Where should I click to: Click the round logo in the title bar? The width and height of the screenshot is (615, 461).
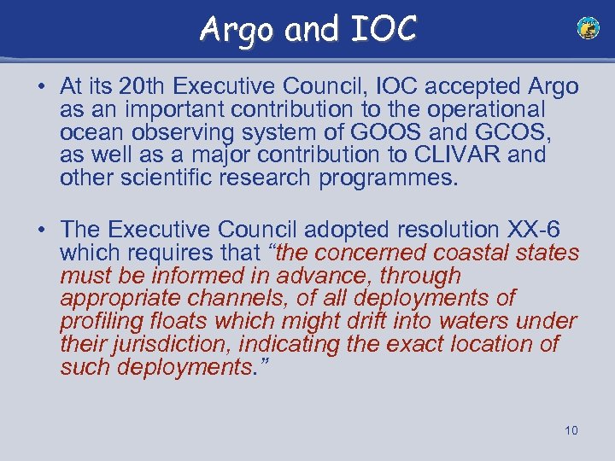click(588, 29)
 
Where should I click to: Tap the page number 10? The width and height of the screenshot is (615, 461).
click(571, 430)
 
